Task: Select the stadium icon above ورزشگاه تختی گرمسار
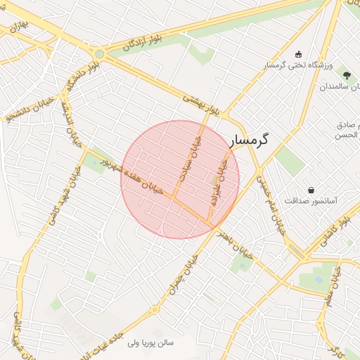(297, 54)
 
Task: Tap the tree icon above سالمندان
(345, 75)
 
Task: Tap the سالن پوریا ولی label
(155, 343)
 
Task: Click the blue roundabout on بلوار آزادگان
(100, 53)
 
